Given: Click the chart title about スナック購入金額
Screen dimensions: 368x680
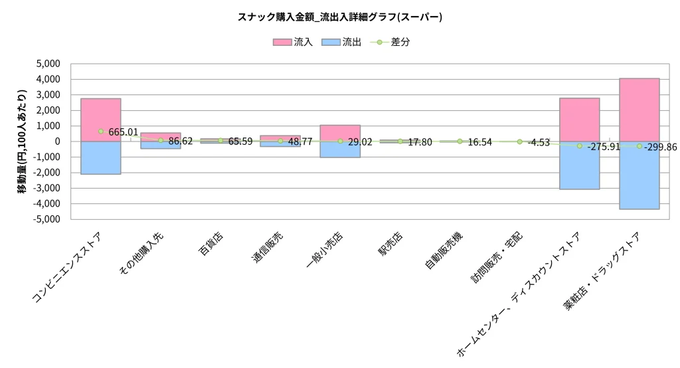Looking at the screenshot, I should [339, 17].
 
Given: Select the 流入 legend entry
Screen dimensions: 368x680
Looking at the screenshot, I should [292, 42].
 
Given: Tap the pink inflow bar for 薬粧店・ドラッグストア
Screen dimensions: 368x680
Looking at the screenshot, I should [639, 106].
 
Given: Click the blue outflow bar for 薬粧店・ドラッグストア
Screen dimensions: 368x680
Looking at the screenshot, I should [639, 179].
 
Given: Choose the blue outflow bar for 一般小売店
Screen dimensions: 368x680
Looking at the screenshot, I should [340, 149].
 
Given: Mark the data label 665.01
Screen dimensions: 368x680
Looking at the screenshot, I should [124, 133].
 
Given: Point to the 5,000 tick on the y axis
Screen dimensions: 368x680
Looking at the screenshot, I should [47, 64].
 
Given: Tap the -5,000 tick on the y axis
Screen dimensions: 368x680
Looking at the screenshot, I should [46, 219].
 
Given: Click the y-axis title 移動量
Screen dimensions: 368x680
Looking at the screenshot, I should [23, 141].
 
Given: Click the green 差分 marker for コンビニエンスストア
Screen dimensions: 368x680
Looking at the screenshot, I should [100, 132].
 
